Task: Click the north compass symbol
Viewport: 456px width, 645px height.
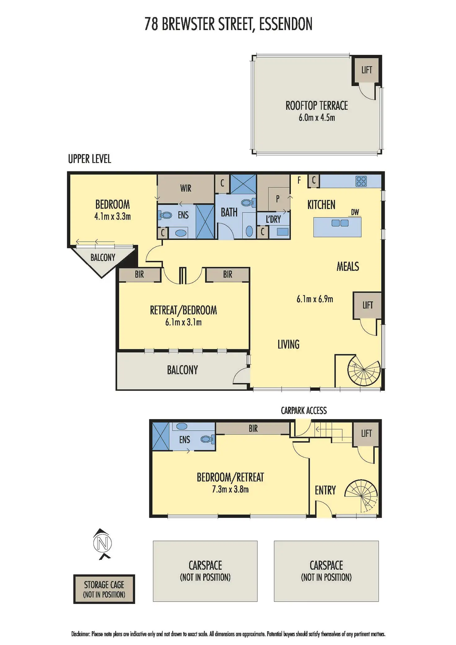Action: pyautogui.click(x=103, y=543)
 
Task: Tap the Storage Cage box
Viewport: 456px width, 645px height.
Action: pyautogui.click(x=104, y=589)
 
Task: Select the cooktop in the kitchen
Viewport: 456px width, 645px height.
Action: pyautogui.click(x=361, y=181)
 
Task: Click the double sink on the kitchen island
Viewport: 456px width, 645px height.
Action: pyautogui.click(x=340, y=223)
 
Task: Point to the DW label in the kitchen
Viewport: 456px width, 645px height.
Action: pyautogui.click(x=355, y=212)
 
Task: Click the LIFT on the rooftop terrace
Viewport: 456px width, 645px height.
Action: pyautogui.click(x=366, y=70)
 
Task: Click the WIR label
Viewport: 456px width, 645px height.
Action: pyautogui.click(x=186, y=188)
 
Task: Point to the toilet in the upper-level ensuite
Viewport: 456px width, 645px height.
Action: pyautogui.click(x=165, y=215)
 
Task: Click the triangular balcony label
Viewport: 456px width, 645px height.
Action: pyautogui.click(x=103, y=257)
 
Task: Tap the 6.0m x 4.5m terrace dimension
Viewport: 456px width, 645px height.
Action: pyautogui.click(x=317, y=118)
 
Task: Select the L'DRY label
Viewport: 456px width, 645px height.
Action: pyautogui.click(x=273, y=219)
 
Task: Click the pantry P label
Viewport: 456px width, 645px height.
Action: pyautogui.click(x=278, y=199)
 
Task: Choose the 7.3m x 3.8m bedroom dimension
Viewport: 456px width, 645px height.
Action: pyautogui.click(x=230, y=489)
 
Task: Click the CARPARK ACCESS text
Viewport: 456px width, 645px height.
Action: pyautogui.click(x=304, y=411)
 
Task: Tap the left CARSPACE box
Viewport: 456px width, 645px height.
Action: pyautogui.click(x=205, y=571)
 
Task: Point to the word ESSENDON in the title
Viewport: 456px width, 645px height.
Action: pyautogui.click(x=286, y=24)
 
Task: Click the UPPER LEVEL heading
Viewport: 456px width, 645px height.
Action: pyautogui.click(x=90, y=159)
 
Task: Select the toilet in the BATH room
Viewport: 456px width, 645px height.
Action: pyautogui.click(x=248, y=203)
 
